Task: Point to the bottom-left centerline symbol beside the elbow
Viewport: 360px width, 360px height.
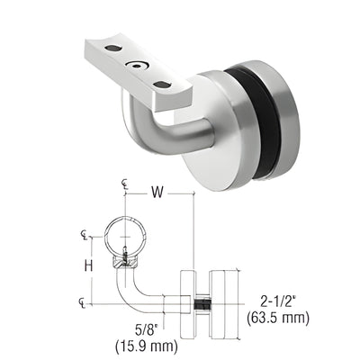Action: tap(85, 303)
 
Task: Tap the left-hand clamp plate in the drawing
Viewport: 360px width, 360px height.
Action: tap(184, 301)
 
